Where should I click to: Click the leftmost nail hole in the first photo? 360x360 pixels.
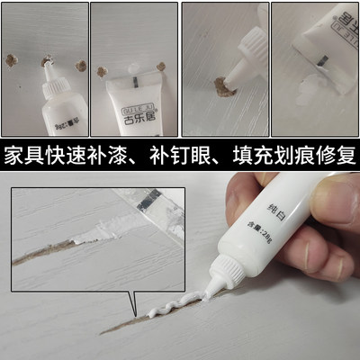pos(11,60)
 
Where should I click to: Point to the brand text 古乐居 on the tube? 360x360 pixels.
pos(131,115)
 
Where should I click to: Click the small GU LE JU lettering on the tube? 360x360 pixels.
pos(131,102)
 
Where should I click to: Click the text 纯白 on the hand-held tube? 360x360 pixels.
pos(275,210)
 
